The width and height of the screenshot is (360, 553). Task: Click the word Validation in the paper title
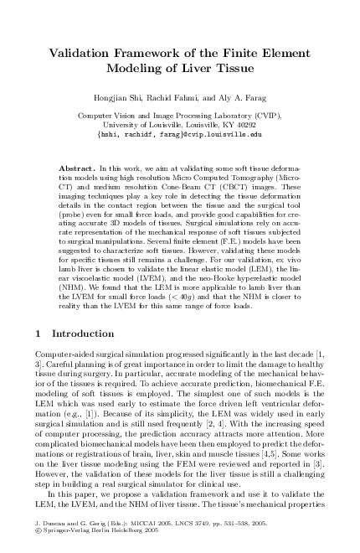pyautogui.click(x=80, y=53)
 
